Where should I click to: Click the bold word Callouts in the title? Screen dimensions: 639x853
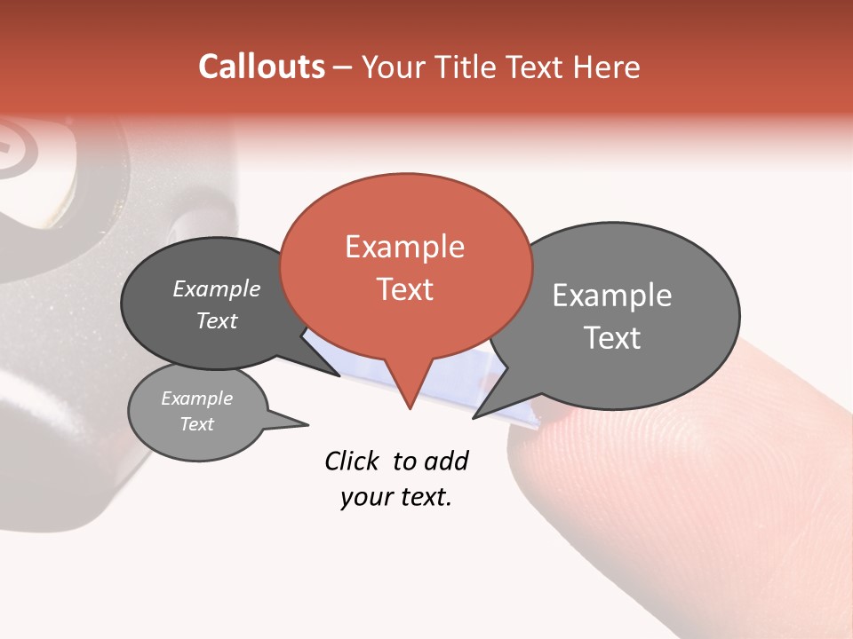[x=261, y=67]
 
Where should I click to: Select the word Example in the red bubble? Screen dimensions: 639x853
[x=404, y=247]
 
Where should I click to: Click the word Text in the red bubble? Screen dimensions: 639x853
[x=404, y=289]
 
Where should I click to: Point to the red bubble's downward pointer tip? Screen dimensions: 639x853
[x=410, y=408]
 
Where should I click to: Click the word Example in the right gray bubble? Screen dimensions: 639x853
[x=612, y=296]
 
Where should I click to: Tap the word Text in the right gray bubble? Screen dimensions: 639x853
[x=612, y=338]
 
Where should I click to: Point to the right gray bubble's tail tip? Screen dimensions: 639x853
[x=474, y=418]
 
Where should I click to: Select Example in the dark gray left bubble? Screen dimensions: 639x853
[x=217, y=289]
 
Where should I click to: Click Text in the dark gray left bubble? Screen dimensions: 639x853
[x=217, y=321]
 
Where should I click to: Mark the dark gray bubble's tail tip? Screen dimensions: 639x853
[x=339, y=375]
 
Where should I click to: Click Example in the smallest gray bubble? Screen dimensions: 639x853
[x=196, y=398]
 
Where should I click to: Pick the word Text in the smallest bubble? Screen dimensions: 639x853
[x=196, y=424]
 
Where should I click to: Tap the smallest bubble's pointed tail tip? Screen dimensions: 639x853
[x=308, y=425]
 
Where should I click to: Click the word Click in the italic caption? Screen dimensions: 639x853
[x=352, y=461]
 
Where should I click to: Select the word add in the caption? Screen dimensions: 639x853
[x=446, y=461]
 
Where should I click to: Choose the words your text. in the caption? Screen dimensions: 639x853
[x=395, y=498]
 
